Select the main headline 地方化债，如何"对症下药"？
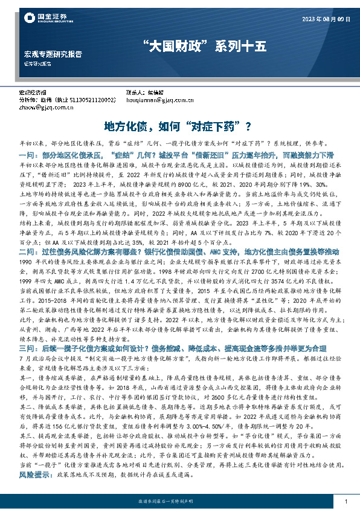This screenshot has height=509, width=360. pos(179,126)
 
